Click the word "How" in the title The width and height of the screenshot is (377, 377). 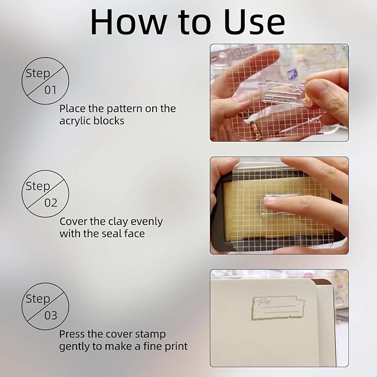(x=129, y=22)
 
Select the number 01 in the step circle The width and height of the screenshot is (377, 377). (x=51, y=90)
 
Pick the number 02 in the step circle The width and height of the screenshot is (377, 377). (x=51, y=203)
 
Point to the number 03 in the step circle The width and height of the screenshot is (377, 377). (x=51, y=315)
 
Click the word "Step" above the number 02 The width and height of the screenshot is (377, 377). (x=38, y=187)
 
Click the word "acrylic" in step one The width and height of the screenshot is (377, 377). (x=75, y=120)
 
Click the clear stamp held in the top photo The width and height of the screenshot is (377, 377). (x=283, y=94)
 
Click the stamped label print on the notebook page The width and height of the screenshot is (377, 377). (x=278, y=308)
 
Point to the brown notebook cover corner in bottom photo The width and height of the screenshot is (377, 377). (x=323, y=283)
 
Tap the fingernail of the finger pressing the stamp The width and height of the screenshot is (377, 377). (x=270, y=199)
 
